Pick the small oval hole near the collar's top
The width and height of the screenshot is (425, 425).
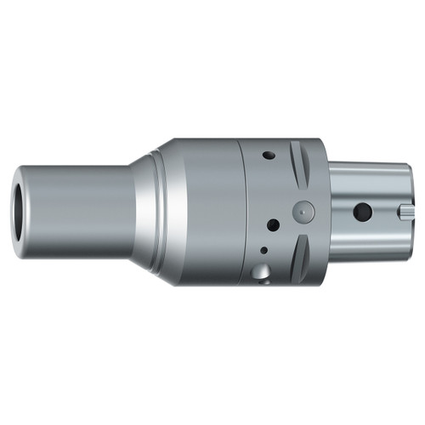(x=269, y=156)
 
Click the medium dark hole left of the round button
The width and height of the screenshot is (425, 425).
(x=274, y=225)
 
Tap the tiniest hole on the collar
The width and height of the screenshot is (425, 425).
(x=264, y=251)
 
